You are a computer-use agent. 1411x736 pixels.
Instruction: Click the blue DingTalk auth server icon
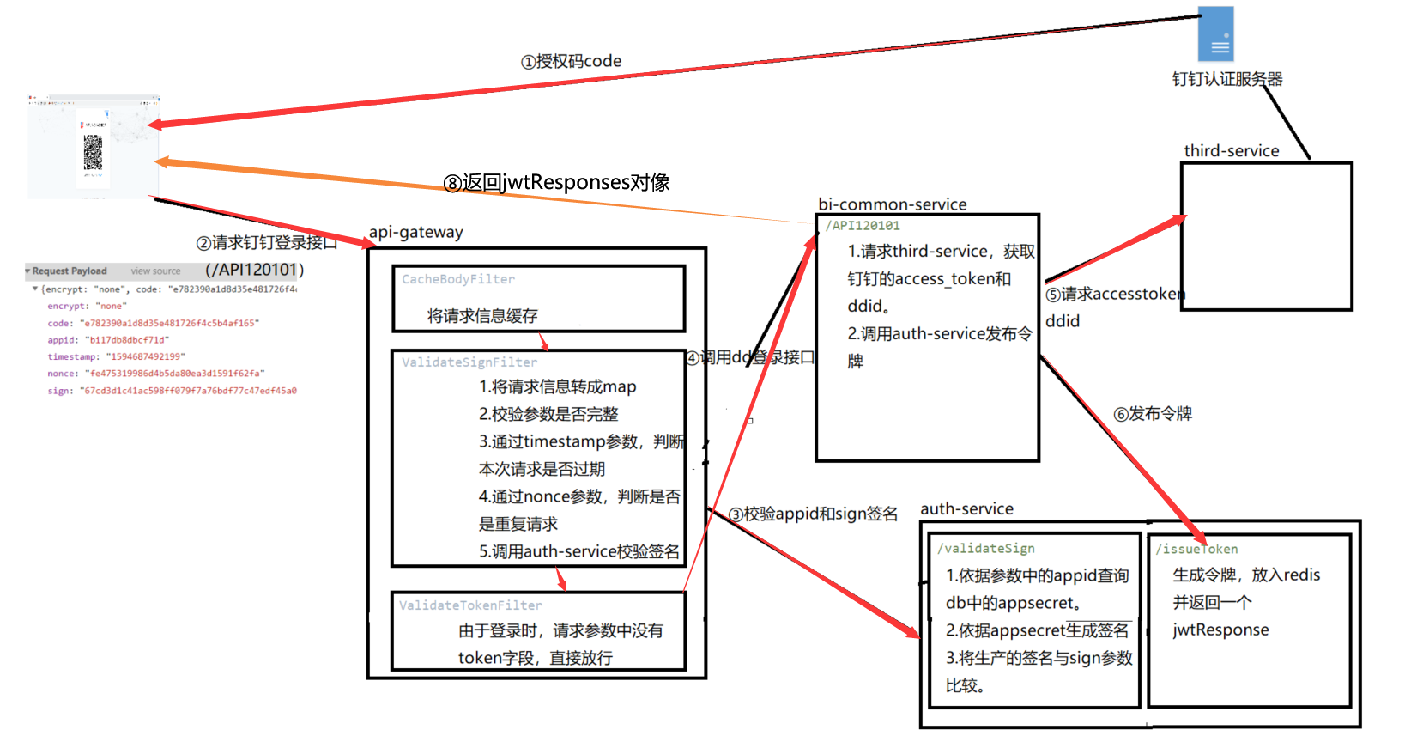[x=1215, y=34]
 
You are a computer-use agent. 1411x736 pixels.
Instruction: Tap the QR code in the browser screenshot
[x=93, y=153]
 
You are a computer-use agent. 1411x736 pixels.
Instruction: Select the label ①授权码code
[x=571, y=62]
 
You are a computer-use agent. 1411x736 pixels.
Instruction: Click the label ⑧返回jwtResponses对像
[x=556, y=183]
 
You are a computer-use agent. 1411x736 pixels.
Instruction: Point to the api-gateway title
[x=415, y=233]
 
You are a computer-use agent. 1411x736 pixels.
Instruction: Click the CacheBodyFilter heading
[x=458, y=280]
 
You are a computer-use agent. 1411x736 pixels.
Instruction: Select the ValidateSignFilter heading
[x=469, y=362]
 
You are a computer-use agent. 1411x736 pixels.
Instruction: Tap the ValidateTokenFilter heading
[x=470, y=605]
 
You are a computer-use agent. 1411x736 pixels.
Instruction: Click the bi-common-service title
[x=892, y=204]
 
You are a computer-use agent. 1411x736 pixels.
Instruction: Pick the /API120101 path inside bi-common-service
[x=863, y=226]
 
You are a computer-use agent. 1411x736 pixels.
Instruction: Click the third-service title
[x=1231, y=151]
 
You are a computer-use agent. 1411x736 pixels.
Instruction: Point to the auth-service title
[x=966, y=509]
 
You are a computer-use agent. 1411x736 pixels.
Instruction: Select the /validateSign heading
[x=985, y=549]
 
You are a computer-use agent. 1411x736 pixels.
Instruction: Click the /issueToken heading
[x=1196, y=550]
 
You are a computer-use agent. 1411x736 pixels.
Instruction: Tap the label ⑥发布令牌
[x=1153, y=414]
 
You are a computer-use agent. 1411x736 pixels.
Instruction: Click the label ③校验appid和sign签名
[x=813, y=514]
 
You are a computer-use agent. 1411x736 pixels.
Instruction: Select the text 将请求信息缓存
[x=482, y=316]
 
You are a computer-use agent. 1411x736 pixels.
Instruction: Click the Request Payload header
[x=70, y=271]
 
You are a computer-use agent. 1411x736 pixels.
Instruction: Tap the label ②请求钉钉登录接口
[x=266, y=244]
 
